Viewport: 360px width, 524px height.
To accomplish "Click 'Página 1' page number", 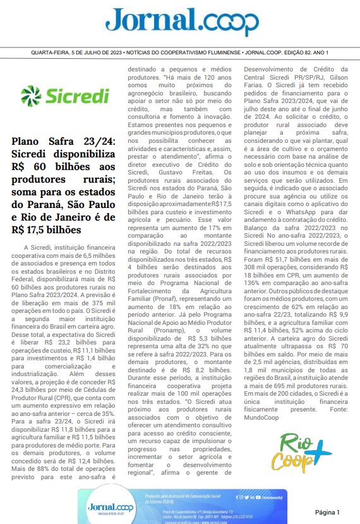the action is [x=327, y=511].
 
